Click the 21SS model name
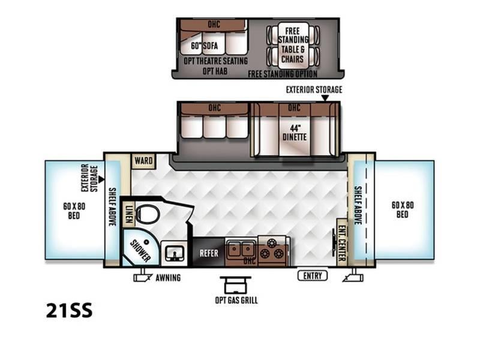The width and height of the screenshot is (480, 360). pos(69,310)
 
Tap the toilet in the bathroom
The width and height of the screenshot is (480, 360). pos(147,214)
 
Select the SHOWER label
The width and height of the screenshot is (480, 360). pos(140,251)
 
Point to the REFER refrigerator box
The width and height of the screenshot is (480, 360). pos(209,253)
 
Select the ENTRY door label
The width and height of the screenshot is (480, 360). pos(313,275)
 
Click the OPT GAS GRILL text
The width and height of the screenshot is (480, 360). pos(236,300)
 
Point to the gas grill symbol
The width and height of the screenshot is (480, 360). pos(235,285)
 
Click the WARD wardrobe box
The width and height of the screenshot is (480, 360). pos(143,161)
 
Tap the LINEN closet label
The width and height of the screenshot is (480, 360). pos(129,213)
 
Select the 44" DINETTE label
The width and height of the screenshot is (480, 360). pos(295,133)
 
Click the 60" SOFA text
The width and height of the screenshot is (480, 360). pos(204,46)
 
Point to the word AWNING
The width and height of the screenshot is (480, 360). pos(168,278)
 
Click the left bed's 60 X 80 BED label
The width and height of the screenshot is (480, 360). pos(74,211)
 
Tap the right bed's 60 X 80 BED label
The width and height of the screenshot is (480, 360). pos(403,209)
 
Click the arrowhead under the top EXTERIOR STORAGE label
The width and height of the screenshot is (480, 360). pos(325,98)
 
